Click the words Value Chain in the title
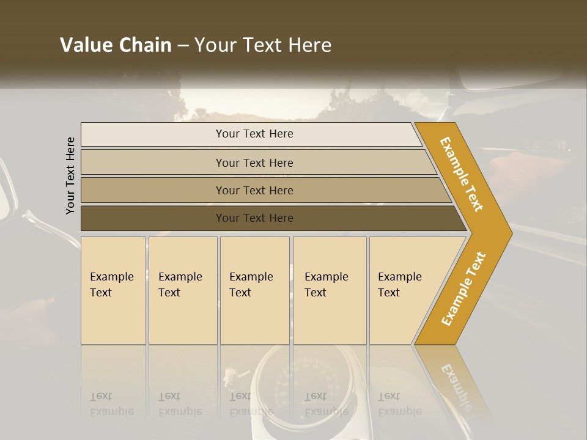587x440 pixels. tap(116, 45)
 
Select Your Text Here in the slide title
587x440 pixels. tap(263, 45)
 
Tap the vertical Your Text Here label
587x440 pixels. tap(70, 175)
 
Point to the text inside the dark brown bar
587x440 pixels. tap(254, 218)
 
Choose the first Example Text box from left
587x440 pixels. tap(113, 290)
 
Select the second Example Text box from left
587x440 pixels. tap(183, 290)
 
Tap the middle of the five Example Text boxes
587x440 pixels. tap(254, 290)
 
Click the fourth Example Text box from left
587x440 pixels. tap(330, 290)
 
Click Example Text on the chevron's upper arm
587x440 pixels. tap(462, 174)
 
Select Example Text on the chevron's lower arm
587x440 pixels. tap(463, 289)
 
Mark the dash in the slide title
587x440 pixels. tap(182, 46)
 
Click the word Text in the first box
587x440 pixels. tap(101, 293)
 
